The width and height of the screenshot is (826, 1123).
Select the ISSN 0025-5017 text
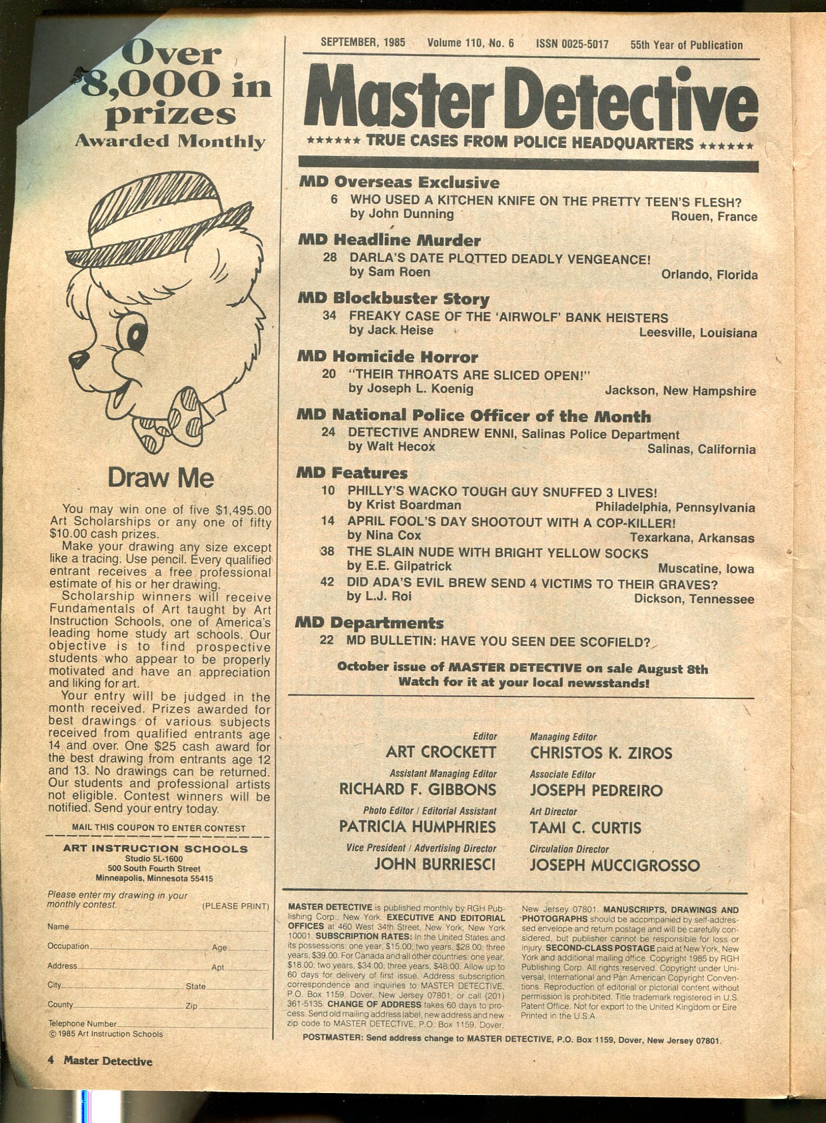572,44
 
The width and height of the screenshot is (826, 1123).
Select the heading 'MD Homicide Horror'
388,357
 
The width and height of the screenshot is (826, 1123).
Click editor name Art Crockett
441,752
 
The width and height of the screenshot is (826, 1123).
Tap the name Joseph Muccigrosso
614,865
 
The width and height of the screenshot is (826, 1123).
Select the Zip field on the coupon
226,1005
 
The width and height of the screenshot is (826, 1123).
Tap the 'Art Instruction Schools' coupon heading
155,848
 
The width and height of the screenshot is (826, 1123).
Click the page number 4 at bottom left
51,1061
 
